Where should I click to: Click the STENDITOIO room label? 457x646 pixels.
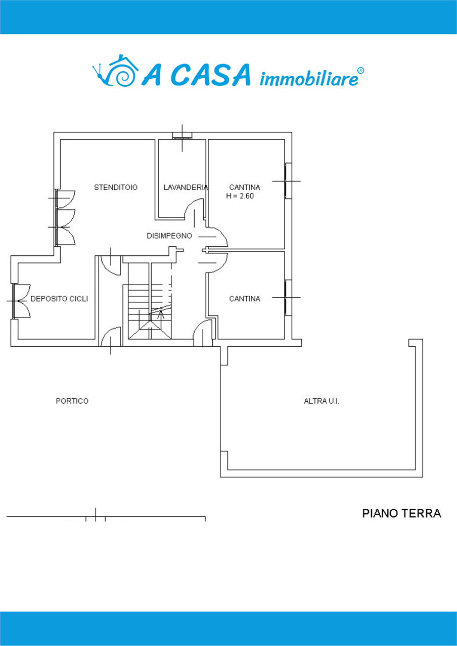(116, 187)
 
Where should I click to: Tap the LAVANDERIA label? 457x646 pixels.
(186, 187)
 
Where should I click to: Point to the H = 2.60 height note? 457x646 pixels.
(240, 196)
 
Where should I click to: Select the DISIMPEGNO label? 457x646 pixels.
(169, 236)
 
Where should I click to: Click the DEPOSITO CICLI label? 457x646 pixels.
(59, 299)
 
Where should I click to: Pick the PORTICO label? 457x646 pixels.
(72, 401)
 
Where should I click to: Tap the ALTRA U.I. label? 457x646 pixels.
(322, 401)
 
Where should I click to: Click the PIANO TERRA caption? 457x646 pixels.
(401, 514)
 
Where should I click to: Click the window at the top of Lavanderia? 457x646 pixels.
(182, 135)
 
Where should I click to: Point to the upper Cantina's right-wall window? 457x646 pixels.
(288, 181)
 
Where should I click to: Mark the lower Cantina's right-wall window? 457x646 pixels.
(288, 297)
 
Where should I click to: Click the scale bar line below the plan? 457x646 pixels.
(106, 517)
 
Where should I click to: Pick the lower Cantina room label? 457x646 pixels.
(245, 299)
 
